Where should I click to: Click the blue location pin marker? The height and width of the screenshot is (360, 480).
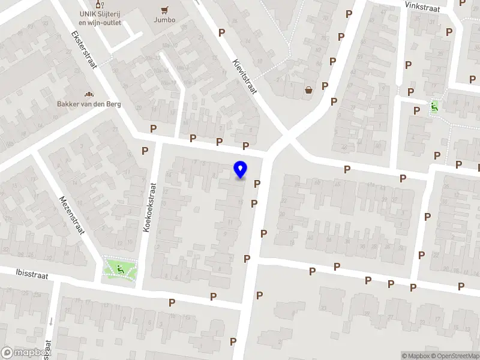[241, 170]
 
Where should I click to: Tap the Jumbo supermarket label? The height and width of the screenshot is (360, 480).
[164, 20]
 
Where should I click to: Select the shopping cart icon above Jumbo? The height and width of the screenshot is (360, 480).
[164, 10]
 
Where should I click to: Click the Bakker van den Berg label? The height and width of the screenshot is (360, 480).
[89, 104]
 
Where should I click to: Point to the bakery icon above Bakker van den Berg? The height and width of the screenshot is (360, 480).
[89, 94]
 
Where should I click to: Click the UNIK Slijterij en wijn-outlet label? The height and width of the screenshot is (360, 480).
[100, 19]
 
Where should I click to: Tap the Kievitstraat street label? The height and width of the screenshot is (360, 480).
[244, 77]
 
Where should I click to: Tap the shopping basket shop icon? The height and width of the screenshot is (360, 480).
[308, 90]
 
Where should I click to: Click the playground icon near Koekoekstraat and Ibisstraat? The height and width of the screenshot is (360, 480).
[121, 270]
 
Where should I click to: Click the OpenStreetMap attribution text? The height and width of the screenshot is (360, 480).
[454, 356]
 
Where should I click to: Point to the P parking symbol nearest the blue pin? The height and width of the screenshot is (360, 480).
[257, 184]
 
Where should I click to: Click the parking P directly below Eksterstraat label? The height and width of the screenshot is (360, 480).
[154, 128]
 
